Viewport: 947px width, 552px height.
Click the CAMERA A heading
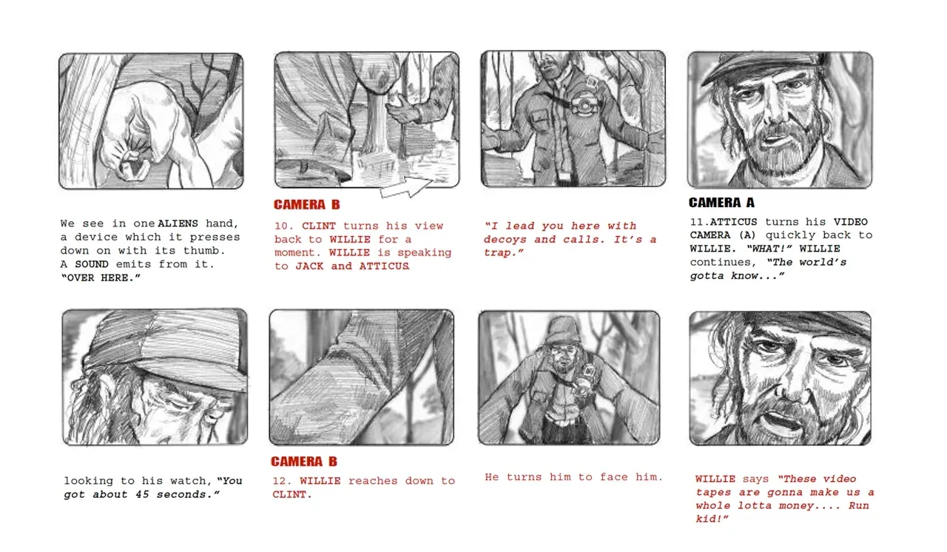[x=721, y=203]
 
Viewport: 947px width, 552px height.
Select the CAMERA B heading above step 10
[x=306, y=204]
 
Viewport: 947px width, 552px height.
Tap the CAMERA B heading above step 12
[x=304, y=462]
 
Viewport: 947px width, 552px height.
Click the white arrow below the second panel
[x=407, y=188]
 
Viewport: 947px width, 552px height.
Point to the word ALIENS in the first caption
[x=178, y=223]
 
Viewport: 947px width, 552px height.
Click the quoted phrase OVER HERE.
[x=101, y=277]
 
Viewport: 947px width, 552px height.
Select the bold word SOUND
[x=92, y=264]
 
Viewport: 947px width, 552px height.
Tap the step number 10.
[x=283, y=226]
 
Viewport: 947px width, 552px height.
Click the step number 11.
[x=699, y=222]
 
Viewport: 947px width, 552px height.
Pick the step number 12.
[x=282, y=481]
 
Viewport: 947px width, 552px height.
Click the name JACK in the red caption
[x=309, y=266]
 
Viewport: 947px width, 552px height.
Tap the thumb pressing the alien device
[x=135, y=164]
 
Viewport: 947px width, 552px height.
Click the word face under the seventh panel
[x=614, y=477]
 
